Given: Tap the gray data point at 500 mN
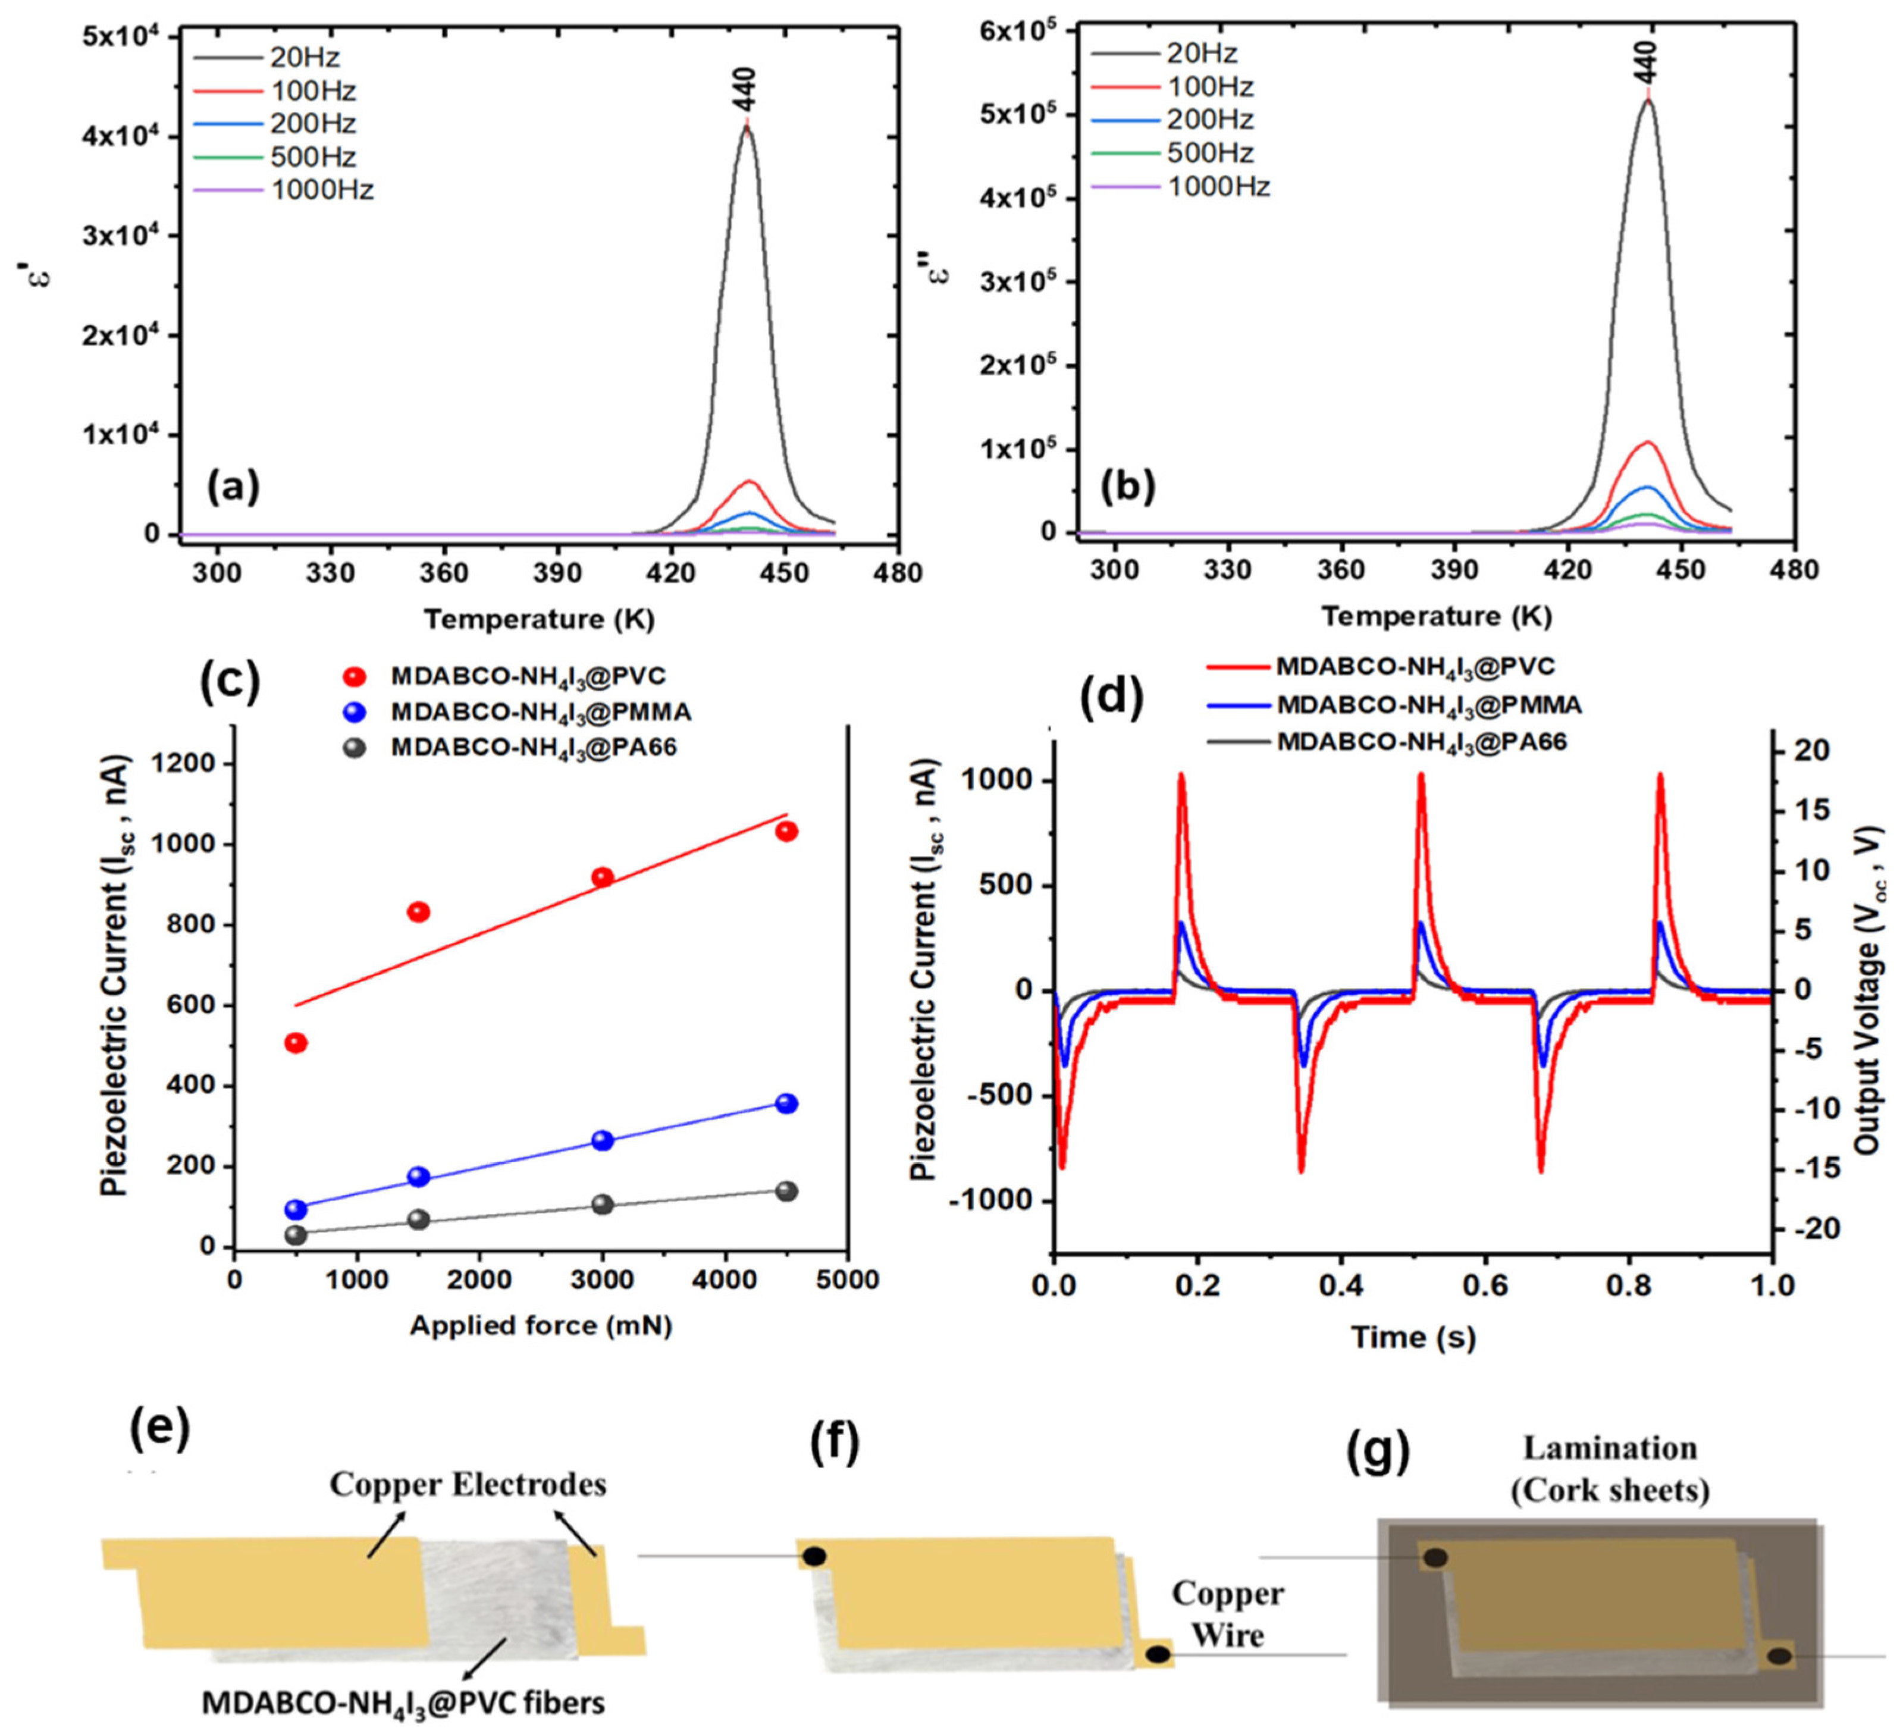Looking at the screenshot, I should click(x=296, y=1234).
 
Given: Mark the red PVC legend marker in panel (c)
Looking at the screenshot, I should click(x=355, y=676).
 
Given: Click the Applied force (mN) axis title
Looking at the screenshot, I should click(x=540, y=1326).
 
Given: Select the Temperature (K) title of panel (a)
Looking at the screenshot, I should click(x=538, y=619).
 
